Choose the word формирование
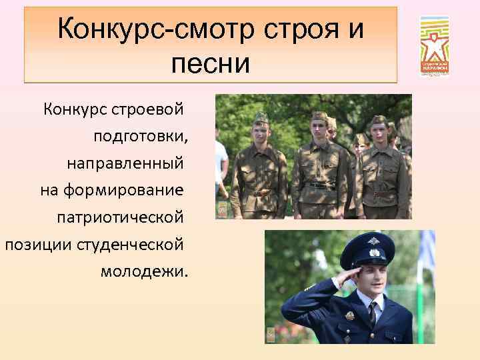coord(123,190)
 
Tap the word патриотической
coord(119,217)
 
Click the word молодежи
coord(145,271)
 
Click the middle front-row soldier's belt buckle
coord(321,187)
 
